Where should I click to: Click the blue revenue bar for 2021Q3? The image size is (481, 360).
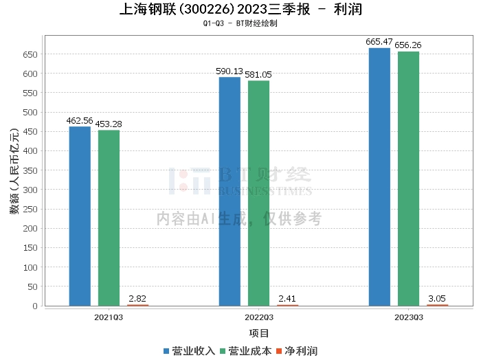(x=80, y=216)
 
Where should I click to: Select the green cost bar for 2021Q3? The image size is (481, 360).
(x=109, y=218)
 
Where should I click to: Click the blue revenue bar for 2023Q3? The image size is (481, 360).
(x=379, y=177)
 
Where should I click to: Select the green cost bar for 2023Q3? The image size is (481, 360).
(x=408, y=179)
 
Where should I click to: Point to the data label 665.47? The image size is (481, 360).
(x=379, y=42)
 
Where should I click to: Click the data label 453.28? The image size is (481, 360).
(x=109, y=124)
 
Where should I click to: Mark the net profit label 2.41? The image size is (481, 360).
(x=287, y=298)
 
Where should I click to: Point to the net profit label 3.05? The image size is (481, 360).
(x=437, y=298)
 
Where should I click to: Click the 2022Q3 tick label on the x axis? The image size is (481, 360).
(x=259, y=317)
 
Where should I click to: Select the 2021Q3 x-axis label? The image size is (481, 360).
(x=109, y=317)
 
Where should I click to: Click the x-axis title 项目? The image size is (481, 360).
(x=259, y=334)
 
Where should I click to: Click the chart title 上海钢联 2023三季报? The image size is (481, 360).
(x=240, y=10)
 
